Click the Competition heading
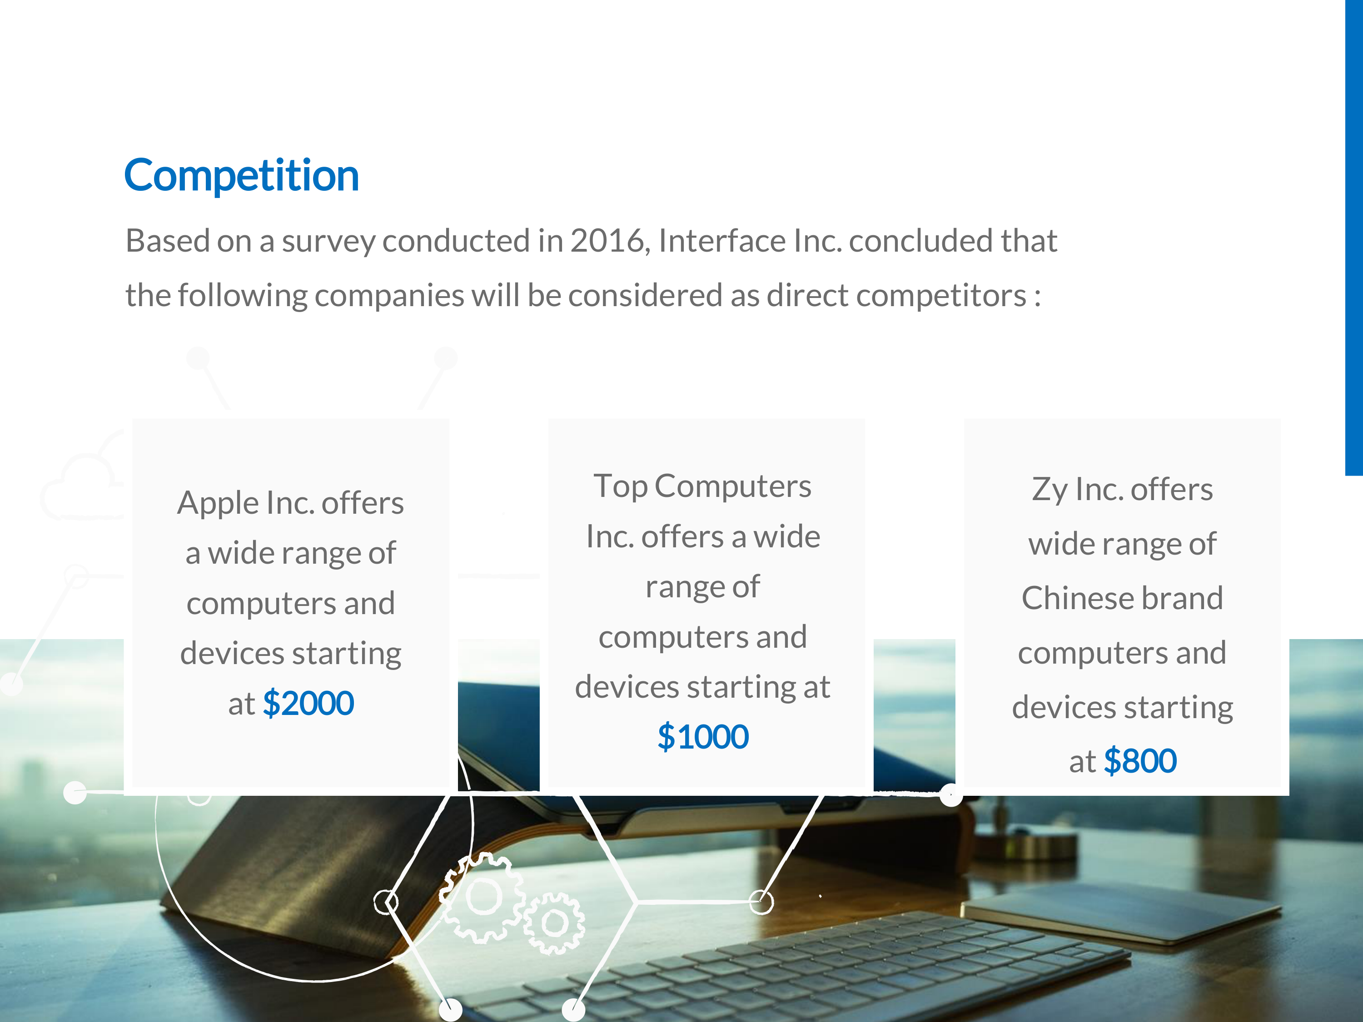click(242, 176)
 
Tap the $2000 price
click(308, 704)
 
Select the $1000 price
click(703, 737)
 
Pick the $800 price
click(1140, 761)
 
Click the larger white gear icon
click(483, 897)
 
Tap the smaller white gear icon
click(555, 923)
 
